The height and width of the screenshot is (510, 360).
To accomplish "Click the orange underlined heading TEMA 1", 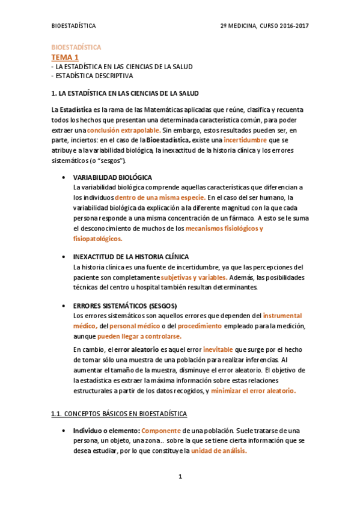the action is tap(64, 57).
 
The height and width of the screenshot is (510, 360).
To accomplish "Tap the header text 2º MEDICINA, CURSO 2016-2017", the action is tap(265, 26).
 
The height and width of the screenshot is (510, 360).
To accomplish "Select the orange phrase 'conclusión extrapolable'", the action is tap(123, 130).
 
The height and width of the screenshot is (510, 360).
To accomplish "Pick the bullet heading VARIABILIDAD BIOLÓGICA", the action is tap(112, 177).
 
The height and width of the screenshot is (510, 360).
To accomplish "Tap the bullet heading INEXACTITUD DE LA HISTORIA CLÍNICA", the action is tap(130, 257).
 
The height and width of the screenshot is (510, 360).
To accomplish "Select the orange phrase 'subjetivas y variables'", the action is tap(194, 277).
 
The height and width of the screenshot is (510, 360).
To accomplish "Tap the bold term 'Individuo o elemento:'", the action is tap(106, 431).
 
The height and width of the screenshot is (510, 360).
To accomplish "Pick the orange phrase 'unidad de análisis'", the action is tap(219, 451).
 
